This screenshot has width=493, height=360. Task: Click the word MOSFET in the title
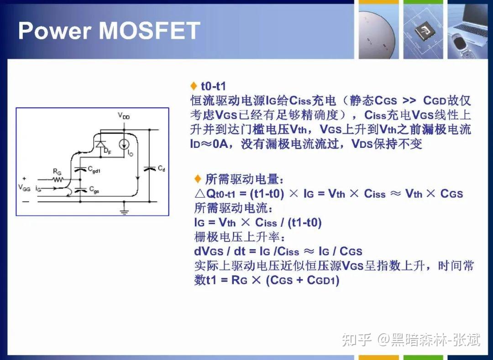[149, 30]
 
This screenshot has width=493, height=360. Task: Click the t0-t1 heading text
[213, 86]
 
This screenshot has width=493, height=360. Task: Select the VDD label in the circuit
[124, 116]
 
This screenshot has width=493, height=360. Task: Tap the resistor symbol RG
[58, 179]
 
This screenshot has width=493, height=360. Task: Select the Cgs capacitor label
[94, 189]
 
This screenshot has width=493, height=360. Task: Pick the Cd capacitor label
[161, 169]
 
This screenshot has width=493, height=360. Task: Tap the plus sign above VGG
[24, 178]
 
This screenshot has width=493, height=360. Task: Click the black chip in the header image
[422, 32]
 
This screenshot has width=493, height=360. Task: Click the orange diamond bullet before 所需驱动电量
[198, 178]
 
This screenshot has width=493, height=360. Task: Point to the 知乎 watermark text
[357, 339]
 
